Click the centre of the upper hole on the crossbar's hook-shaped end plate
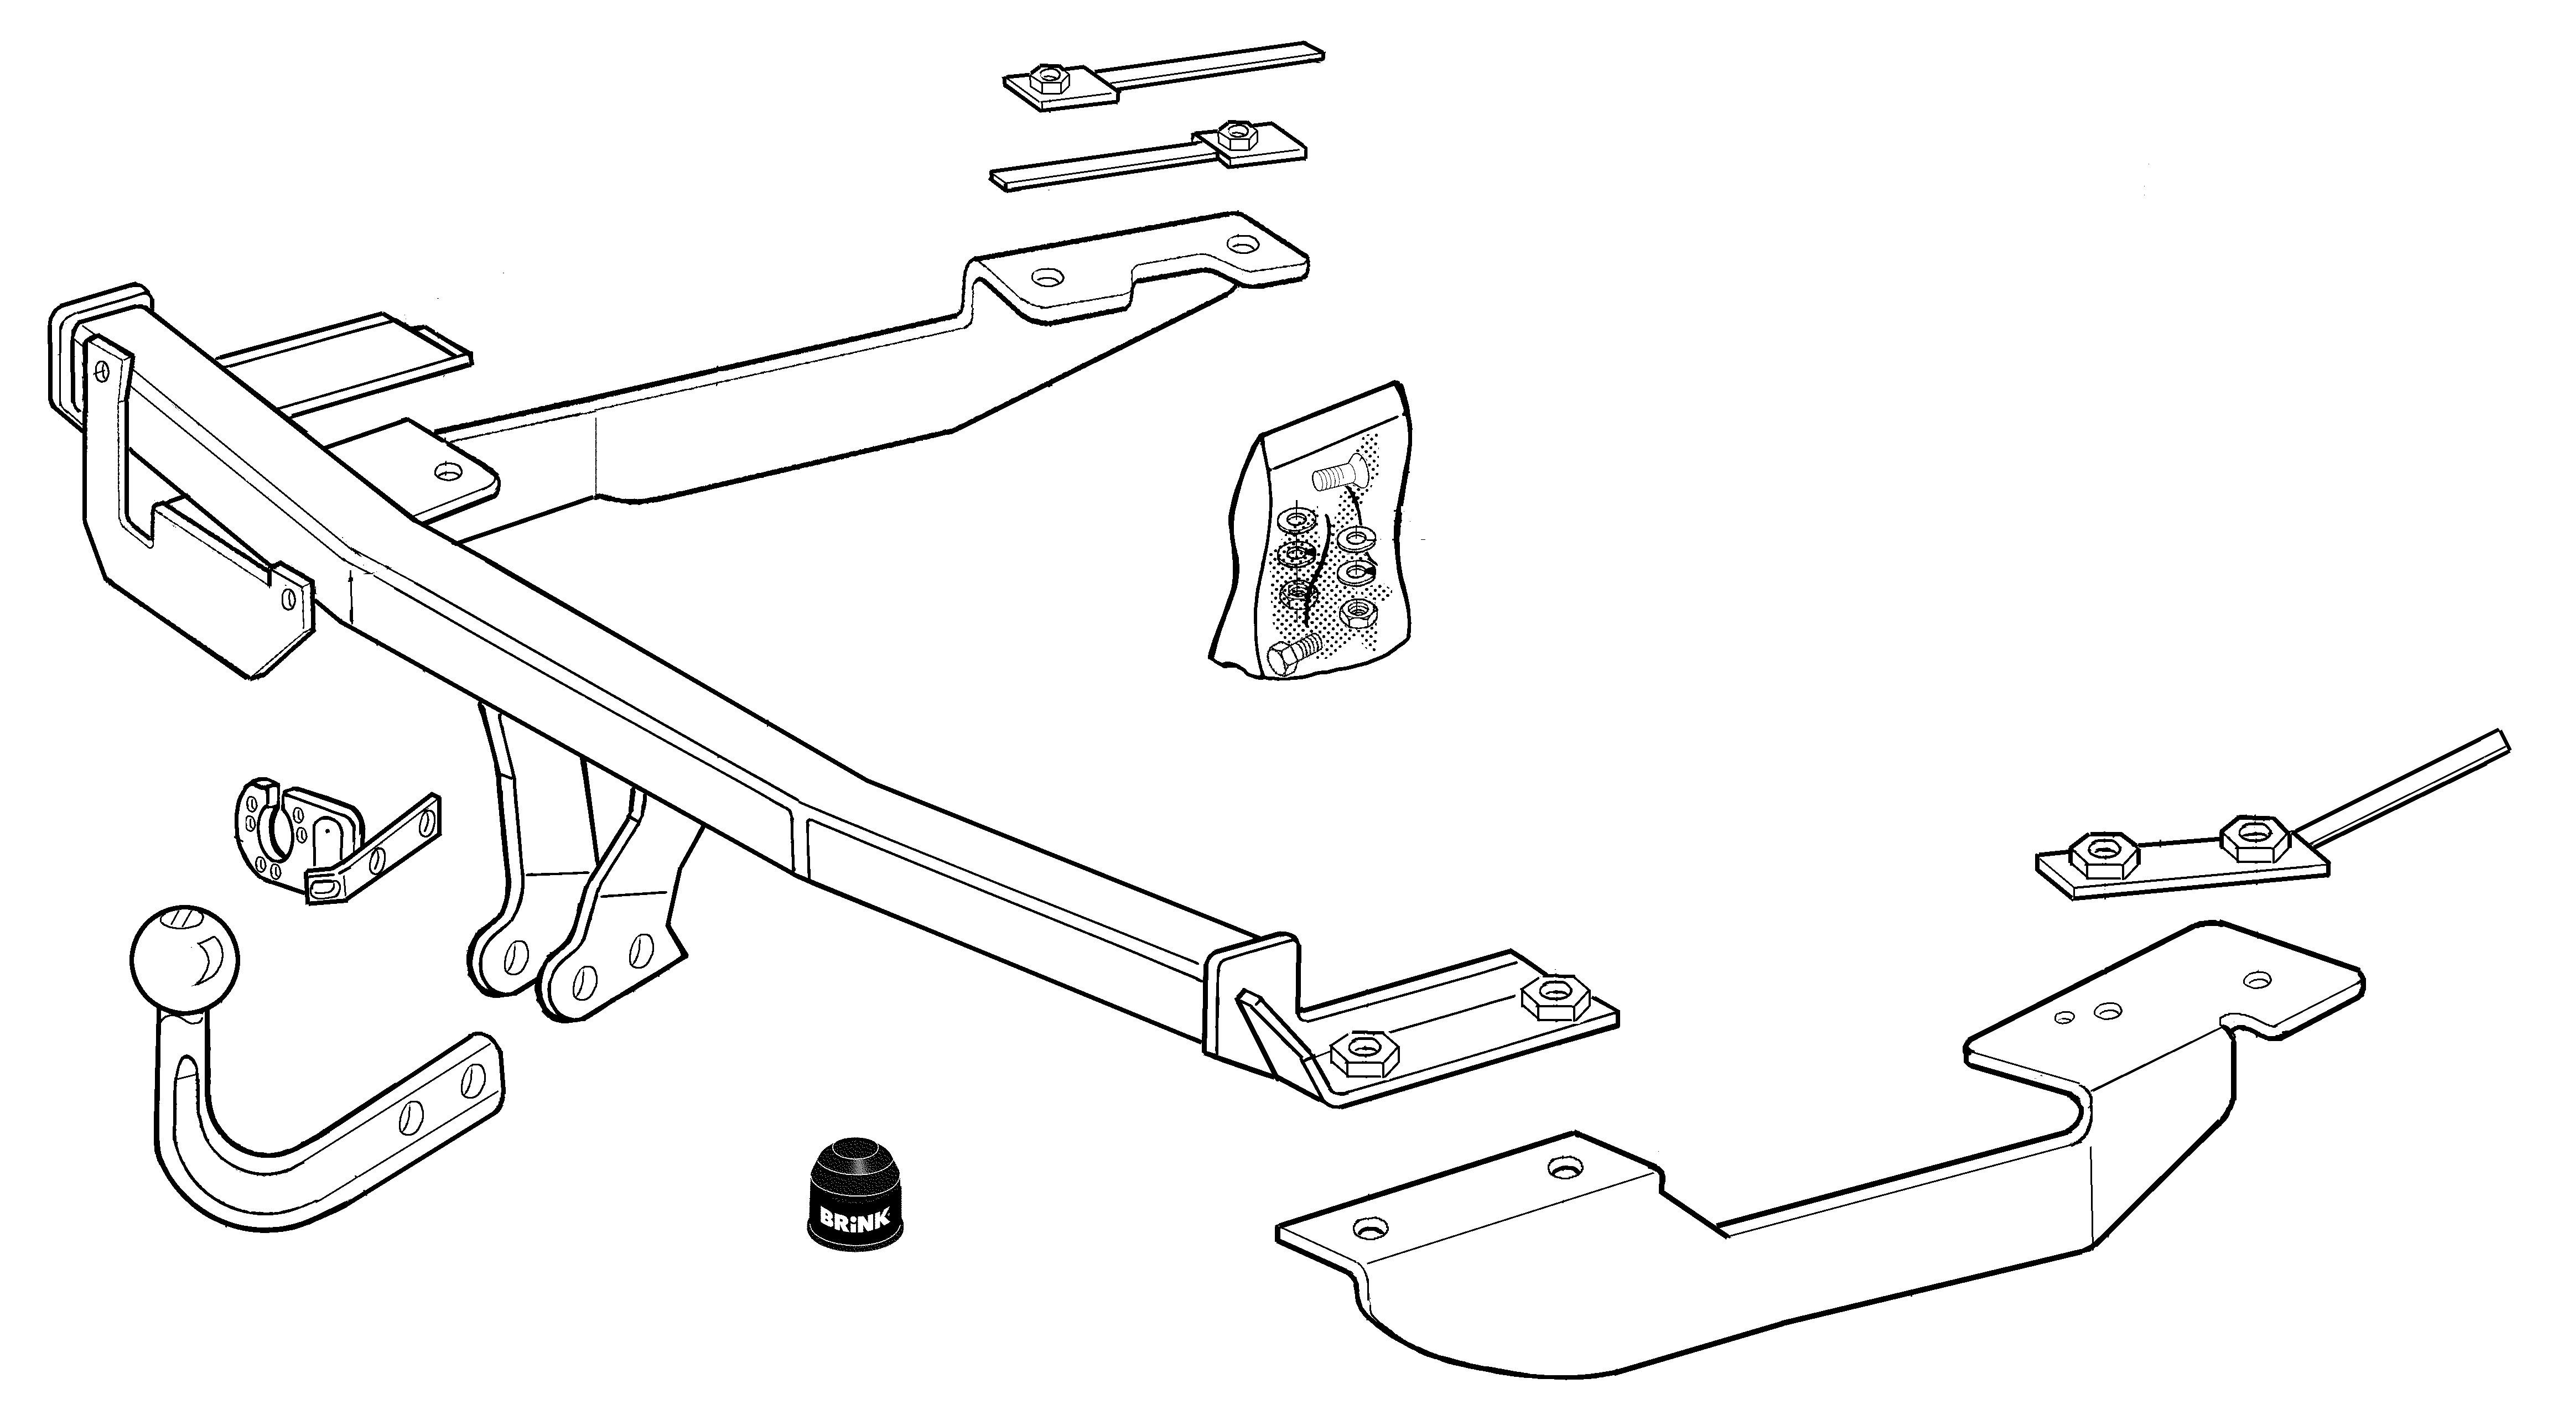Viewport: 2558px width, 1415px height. click(101, 370)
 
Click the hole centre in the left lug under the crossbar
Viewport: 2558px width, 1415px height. click(515, 958)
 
